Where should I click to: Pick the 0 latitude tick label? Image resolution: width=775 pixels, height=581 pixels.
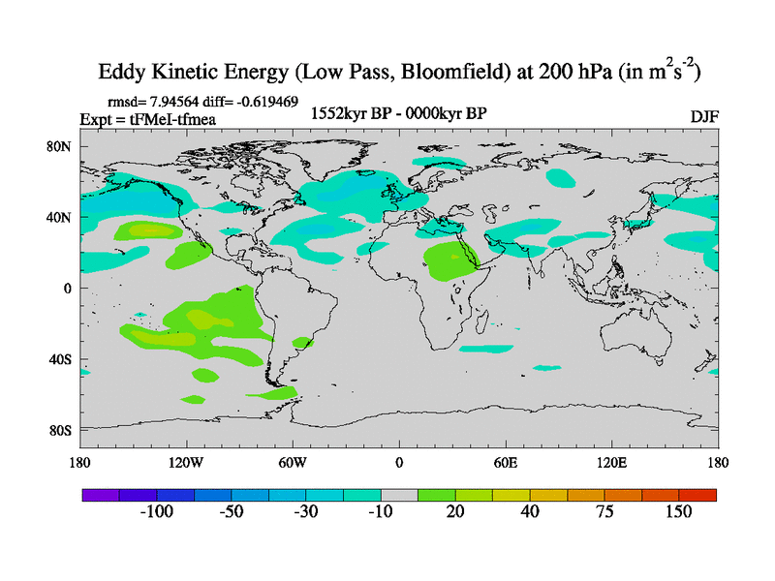pos(69,289)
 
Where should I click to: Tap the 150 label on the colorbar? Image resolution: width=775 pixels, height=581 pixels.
pos(678,512)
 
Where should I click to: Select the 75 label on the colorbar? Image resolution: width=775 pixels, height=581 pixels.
pos(604,512)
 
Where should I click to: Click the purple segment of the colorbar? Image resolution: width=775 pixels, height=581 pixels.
pos(100,494)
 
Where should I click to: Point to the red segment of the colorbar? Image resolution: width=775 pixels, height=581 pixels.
pos(697,494)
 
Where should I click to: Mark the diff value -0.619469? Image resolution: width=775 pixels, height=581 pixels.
pos(263,101)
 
